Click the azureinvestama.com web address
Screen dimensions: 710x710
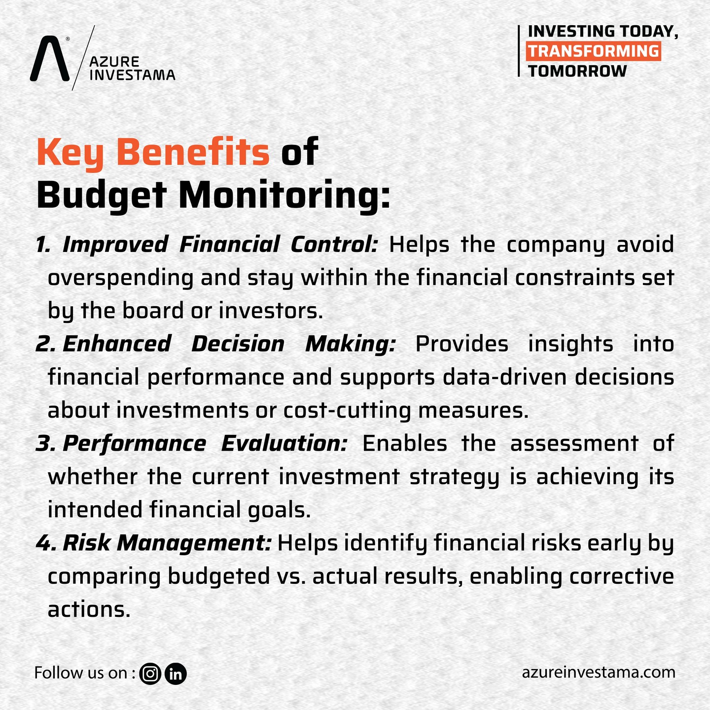599,673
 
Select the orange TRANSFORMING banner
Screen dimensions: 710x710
593,51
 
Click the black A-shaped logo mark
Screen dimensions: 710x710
50,58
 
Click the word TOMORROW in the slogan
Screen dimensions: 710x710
577,71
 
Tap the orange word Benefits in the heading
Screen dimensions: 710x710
193,152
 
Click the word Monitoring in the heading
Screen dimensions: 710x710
284,195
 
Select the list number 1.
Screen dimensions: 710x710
43,244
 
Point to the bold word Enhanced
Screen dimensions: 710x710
117,344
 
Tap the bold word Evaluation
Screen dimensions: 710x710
284,443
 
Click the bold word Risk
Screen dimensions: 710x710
87,543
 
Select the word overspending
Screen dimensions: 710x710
120,278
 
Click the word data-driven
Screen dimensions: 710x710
504,377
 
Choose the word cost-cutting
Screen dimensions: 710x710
347,411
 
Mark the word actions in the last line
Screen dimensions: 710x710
89,610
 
